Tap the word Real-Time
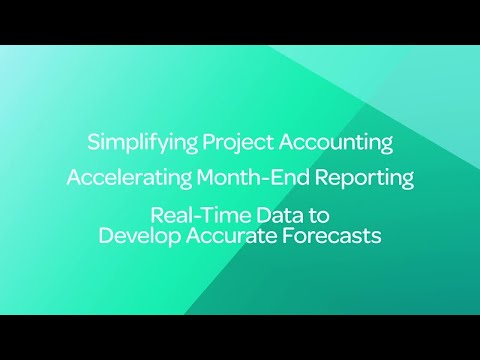193,216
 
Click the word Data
267,216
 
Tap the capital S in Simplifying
94,142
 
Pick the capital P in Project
208,142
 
